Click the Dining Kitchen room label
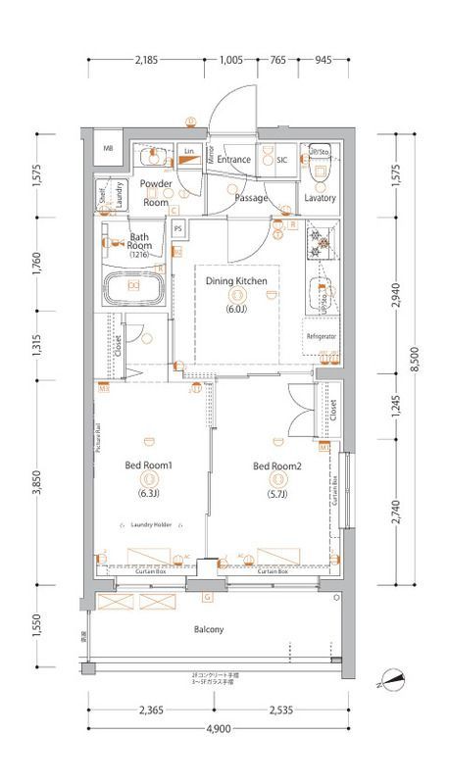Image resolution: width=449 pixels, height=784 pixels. tap(236, 280)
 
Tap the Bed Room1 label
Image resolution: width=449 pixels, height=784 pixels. tap(148, 465)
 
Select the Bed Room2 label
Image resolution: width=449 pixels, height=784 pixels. tap(277, 465)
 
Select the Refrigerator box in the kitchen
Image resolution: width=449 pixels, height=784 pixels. tap(321, 336)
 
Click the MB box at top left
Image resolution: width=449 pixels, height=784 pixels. tap(108, 148)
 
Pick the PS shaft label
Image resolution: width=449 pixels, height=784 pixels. tap(178, 230)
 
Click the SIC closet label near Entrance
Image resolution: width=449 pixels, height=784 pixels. tap(280, 159)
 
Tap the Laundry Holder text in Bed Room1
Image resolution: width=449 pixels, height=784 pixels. tap(151, 525)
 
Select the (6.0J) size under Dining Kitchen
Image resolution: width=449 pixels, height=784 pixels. tap(236, 308)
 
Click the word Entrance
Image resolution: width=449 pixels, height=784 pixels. tap(235, 159)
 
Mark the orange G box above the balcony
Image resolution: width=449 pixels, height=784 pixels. tap(207, 597)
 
